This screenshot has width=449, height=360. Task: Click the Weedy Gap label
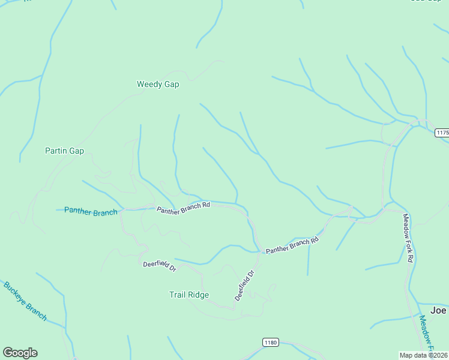158,85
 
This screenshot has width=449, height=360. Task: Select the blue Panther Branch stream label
91,211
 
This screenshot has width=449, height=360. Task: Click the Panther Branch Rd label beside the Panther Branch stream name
183,208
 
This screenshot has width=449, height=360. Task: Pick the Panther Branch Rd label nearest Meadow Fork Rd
292,245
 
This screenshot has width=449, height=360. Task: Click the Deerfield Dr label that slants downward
159,266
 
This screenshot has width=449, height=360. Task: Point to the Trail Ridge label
188,295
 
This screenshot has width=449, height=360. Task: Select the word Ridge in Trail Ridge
199,295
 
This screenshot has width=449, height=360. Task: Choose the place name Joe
438,310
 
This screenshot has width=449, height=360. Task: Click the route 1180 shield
271,342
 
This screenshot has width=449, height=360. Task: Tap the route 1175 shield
442,133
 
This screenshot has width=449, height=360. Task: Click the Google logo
20,353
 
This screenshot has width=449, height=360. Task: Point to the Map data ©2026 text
423,355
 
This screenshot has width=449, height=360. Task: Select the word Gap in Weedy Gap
172,85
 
